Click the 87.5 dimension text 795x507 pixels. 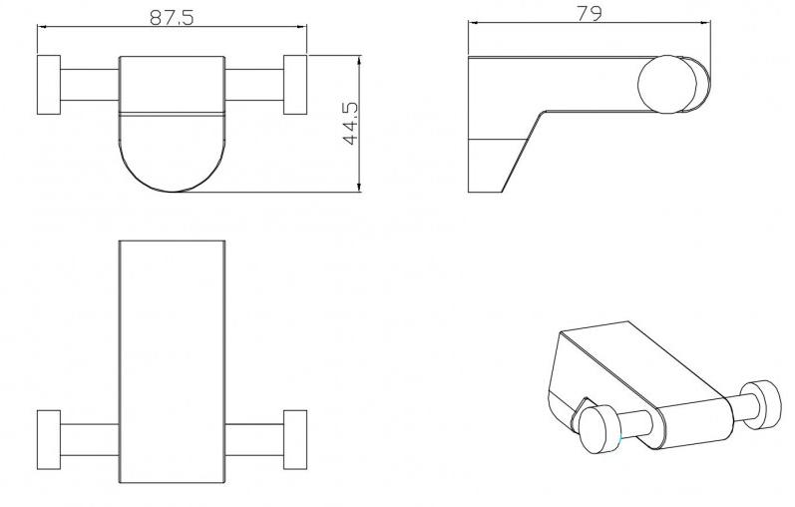click(172, 18)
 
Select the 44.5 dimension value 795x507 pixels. click(350, 124)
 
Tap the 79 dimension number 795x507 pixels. click(590, 13)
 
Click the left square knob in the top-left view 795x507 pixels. click(49, 85)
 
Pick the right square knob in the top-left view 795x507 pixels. click(295, 85)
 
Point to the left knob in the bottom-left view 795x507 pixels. click(49, 439)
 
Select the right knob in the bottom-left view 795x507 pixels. click(295, 439)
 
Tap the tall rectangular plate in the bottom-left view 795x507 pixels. click(172, 362)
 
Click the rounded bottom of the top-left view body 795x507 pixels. click(172, 192)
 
